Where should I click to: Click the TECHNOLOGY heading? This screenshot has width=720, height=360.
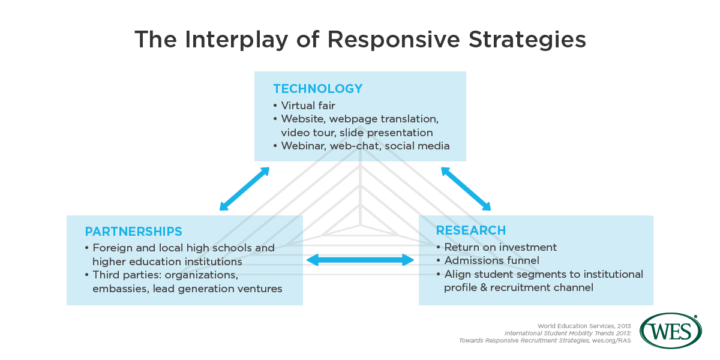click(318, 89)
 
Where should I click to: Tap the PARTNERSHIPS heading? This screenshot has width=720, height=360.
click(133, 232)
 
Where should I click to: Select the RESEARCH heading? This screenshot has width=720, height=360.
click(470, 230)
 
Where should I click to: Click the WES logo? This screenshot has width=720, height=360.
click(670, 331)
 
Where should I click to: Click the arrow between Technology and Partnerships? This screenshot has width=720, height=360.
click(244, 189)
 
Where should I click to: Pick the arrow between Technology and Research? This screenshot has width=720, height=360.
click(466, 189)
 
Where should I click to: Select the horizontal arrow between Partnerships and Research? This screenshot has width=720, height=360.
click(360, 260)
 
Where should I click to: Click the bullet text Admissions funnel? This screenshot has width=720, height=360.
click(492, 260)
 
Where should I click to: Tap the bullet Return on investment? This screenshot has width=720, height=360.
click(500, 247)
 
